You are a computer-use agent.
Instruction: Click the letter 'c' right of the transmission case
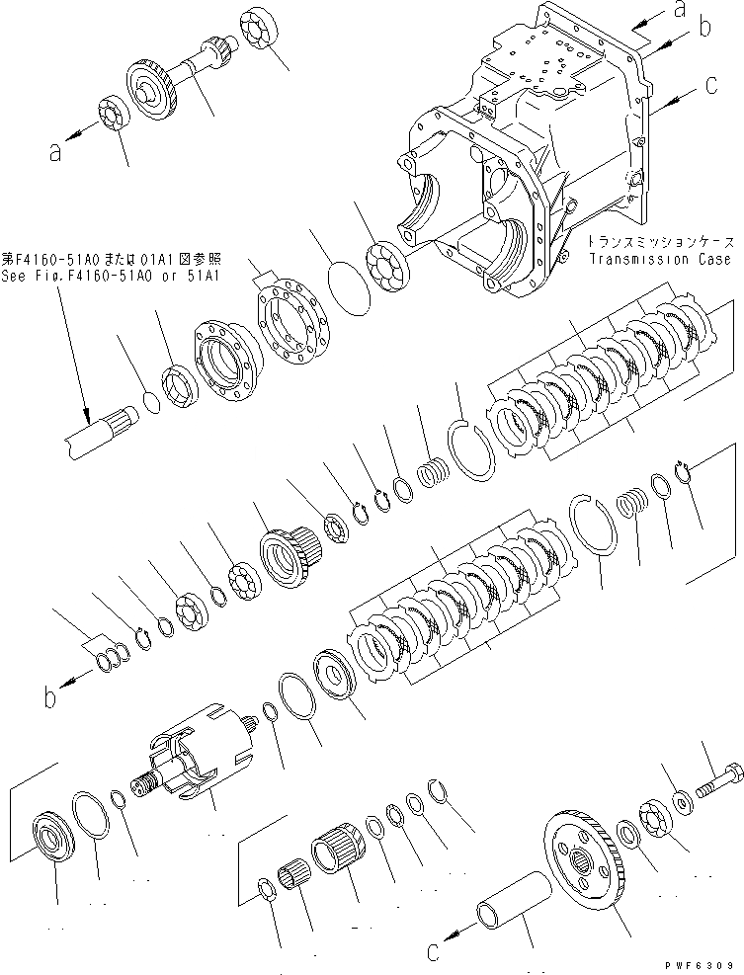pyautogui.click(x=711, y=87)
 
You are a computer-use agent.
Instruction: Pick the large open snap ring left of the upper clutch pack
pyautogui.click(x=473, y=446)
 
